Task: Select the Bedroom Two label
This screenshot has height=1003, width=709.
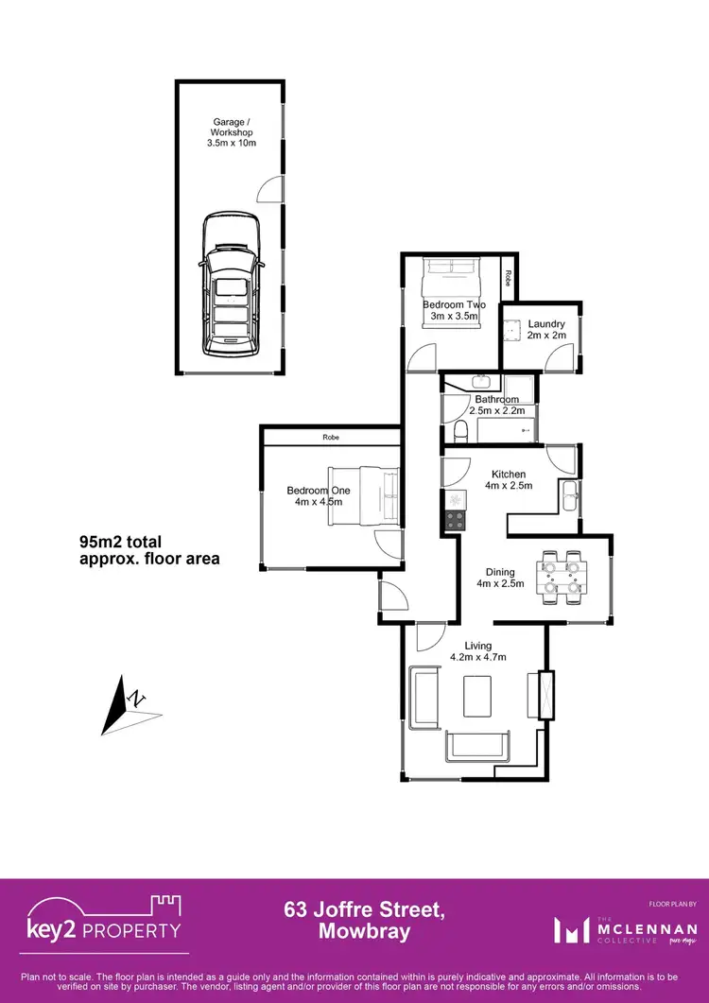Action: click(454, 304)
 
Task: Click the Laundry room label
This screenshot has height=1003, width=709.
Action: click(546, 323)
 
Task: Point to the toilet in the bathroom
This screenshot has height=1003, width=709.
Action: click(460, 432)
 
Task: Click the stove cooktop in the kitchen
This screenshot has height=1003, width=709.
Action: click(452, 519)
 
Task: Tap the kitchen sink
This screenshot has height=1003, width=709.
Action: click(570, 495)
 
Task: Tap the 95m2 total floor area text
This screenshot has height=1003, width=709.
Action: click(148, 550)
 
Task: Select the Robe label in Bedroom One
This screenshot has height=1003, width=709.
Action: click(330, 438)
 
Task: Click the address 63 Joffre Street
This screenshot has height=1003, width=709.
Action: click(363, 910)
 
